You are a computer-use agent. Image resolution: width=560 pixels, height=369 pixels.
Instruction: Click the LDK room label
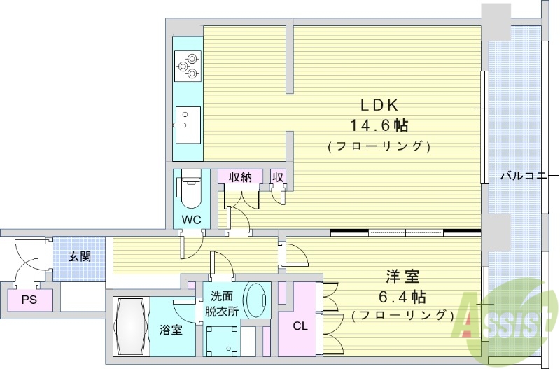tap(379, 105)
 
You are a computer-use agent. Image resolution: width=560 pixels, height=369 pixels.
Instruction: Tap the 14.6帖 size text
tap(379, 126)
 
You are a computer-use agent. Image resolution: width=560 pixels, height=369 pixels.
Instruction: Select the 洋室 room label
tap(404, 274)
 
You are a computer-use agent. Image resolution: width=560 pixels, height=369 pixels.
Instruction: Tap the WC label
tap(192, 219)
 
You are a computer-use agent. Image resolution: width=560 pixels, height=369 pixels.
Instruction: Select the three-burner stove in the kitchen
tap(189, 67)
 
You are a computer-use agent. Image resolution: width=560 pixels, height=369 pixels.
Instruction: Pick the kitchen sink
tap(188, 124)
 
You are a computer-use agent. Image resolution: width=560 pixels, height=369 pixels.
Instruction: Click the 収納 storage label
tap(239, 177)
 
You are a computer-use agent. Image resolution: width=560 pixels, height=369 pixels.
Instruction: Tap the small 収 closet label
tap(278, 177)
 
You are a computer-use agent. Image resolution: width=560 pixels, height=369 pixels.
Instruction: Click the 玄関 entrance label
tap(79, 256)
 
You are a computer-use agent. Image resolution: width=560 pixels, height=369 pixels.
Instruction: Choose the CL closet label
tap(300, 325)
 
